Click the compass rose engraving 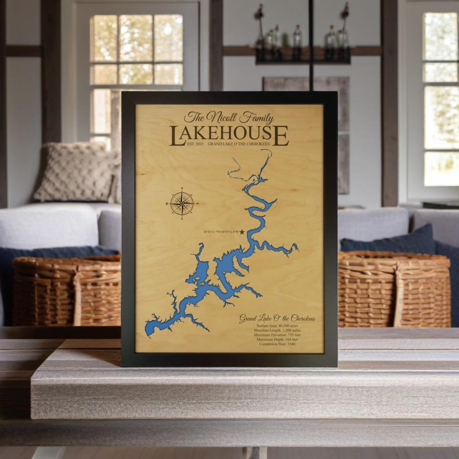click(182, 203)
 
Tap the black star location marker click(242, 232)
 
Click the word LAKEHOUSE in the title click(229, 135)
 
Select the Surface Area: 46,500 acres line click(277, 326)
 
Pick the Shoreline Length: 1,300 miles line click(277, 330)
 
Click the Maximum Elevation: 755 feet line click(277, 335)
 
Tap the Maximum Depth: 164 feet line click(277, 339)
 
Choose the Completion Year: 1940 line click(277, 344)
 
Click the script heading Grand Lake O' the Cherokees click(277, 319)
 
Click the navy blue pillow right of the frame click(388, 240)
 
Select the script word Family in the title click(256, 118)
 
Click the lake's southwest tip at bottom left click(149, 332)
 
